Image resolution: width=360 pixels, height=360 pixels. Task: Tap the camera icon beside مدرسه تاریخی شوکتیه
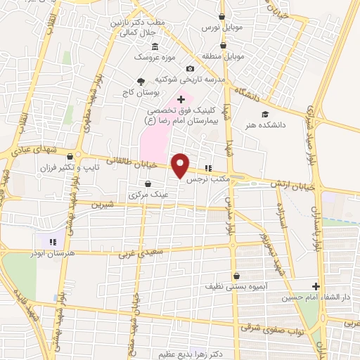[190, 68]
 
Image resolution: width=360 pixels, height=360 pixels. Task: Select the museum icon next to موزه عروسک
[155, 46]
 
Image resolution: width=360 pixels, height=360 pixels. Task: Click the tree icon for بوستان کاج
[141, 81]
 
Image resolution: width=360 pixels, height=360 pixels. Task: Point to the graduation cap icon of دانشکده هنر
[265, 114]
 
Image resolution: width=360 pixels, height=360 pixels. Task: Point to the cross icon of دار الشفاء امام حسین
[316, 286]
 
